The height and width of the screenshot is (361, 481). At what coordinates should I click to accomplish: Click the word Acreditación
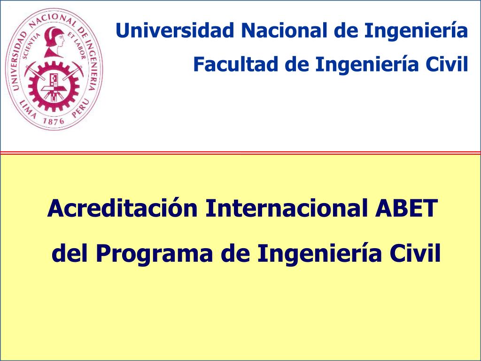point(122,208)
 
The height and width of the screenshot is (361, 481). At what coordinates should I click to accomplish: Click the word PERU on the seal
point(82,107)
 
